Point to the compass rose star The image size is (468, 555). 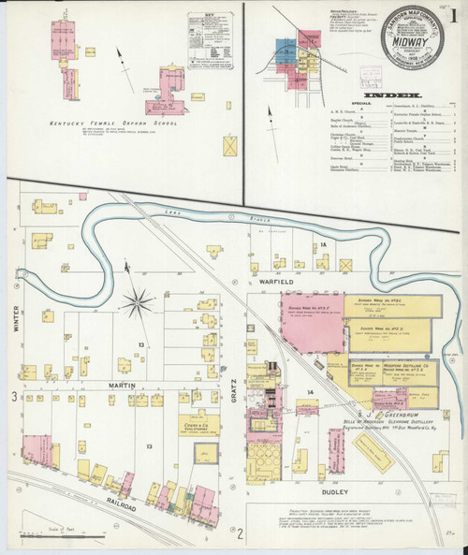pos(139,302)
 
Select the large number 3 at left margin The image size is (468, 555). pos(12,398)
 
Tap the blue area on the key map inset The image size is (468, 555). pos(284,49)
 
